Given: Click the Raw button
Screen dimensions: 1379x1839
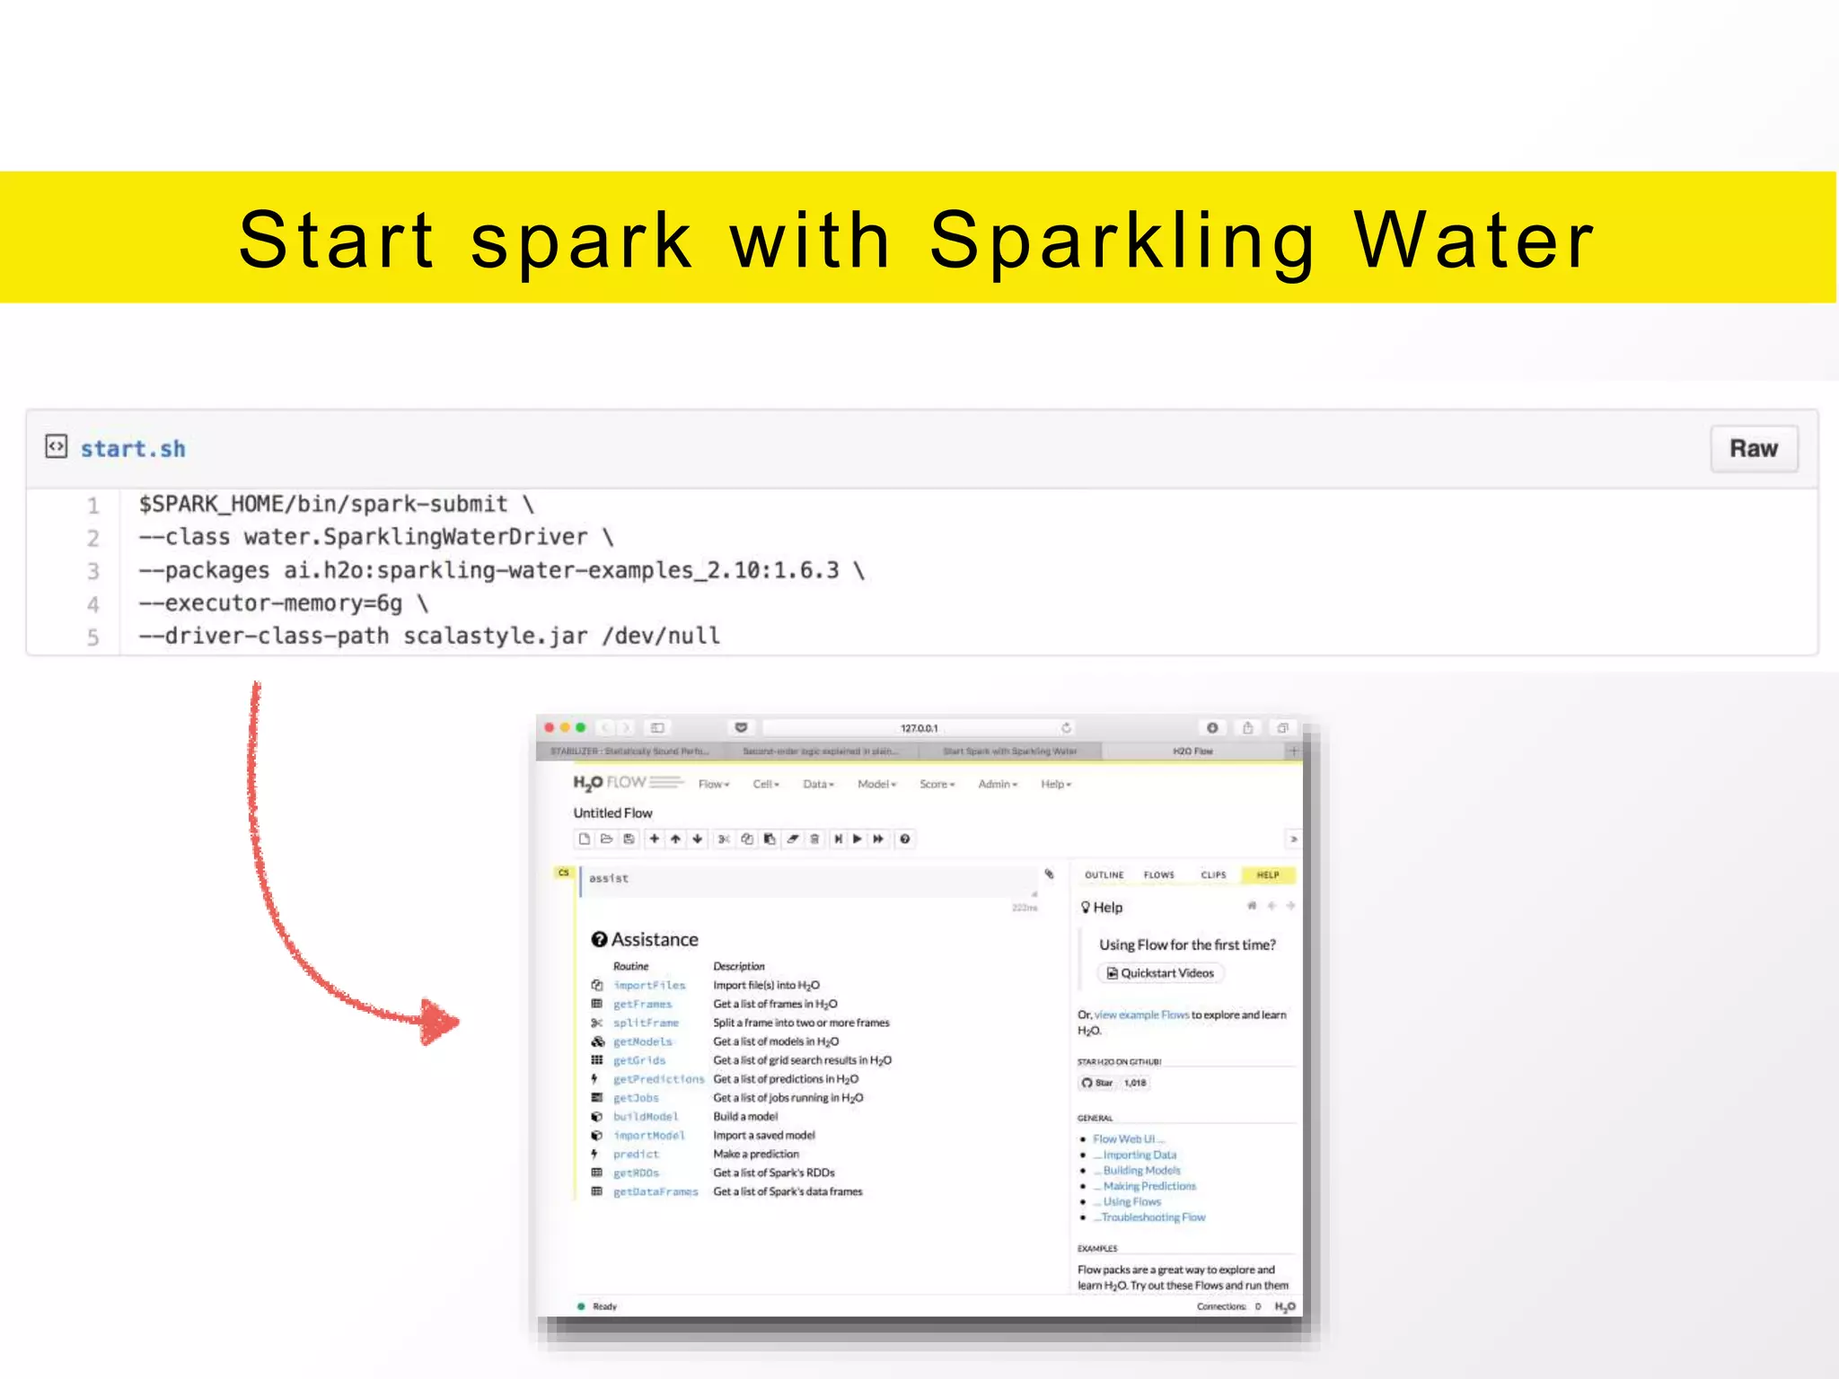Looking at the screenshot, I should click(1753, 449).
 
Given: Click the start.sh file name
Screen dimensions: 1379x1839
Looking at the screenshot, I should click(133, 449).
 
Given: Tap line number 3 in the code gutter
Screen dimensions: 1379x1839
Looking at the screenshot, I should click(92, 571).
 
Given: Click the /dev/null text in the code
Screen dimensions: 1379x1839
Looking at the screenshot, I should click(662, 637).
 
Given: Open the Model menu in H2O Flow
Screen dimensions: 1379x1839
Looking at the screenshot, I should click(876, 784).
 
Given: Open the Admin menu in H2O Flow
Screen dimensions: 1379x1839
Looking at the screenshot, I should click(997, 784).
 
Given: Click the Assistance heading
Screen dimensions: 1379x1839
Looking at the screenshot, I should click(654, 939).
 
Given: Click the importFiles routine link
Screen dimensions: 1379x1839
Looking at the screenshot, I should click(649, 986).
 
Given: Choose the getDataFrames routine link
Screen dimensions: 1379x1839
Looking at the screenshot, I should click(656, 1192).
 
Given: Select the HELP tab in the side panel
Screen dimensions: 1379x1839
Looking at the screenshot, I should click(1267, 874).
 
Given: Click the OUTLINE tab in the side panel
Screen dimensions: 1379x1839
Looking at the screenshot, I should click(1104, 874).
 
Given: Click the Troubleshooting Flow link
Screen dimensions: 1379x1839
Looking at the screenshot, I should click(1153, 1217).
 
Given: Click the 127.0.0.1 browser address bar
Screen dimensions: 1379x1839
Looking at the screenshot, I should click(918, 728).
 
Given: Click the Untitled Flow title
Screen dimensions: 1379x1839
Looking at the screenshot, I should click(612, 812).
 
